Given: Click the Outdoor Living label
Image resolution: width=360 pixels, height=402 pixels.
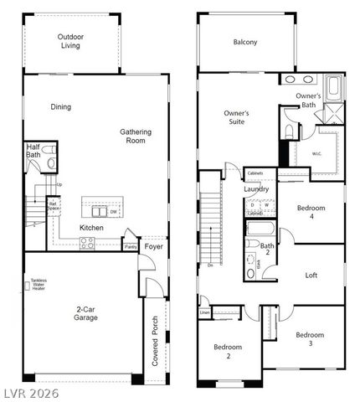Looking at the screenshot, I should [70, 42].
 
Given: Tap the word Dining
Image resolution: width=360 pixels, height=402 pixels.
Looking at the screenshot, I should [60, 107].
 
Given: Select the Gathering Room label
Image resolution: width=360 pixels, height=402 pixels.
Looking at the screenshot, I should [136, 137].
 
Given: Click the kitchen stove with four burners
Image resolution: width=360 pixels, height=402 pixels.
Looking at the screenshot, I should [86, 242].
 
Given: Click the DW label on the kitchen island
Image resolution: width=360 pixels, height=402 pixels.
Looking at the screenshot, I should [113, 212].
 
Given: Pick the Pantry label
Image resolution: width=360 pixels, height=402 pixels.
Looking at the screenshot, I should [131, 247].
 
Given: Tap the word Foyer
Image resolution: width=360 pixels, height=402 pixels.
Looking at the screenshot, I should [153, 247].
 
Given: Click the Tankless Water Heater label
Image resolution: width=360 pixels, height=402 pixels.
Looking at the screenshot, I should [38, 285].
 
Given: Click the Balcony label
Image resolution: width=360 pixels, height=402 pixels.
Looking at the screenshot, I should [245, 42].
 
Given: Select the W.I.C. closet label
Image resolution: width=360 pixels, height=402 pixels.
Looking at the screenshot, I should [317, 153].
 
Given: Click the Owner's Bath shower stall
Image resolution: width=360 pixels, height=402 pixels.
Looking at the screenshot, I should [333, 116].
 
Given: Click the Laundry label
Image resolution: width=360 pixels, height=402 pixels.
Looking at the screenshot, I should [256, 189].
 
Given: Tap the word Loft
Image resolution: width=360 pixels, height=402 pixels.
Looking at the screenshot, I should [311, 275].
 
